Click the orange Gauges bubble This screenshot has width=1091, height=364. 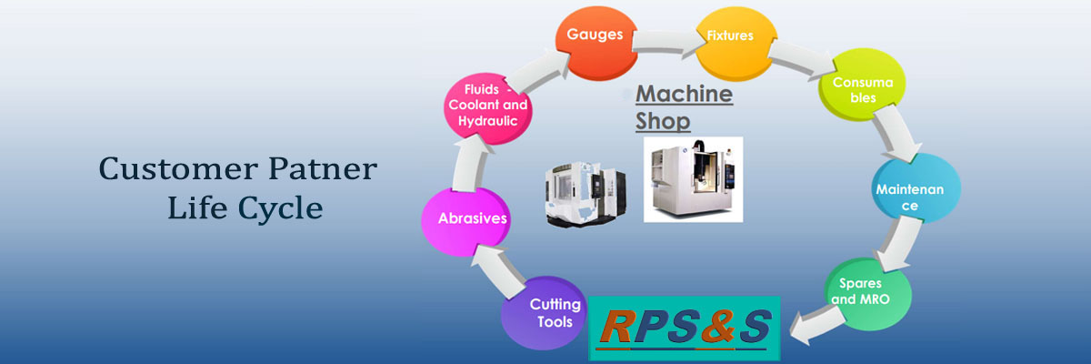(x=594, y=36)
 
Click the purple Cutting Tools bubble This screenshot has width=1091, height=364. (x=544, y=312)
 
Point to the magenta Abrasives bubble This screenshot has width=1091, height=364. (x=465, y=218)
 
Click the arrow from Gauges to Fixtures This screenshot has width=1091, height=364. (x=662, y=41)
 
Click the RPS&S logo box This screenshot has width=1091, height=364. (x=684, y=325)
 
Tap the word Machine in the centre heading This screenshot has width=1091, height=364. (x=684, y=95)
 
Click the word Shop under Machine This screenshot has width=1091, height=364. (x=663, y=121)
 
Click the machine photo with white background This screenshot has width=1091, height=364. (x=693, y=178)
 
